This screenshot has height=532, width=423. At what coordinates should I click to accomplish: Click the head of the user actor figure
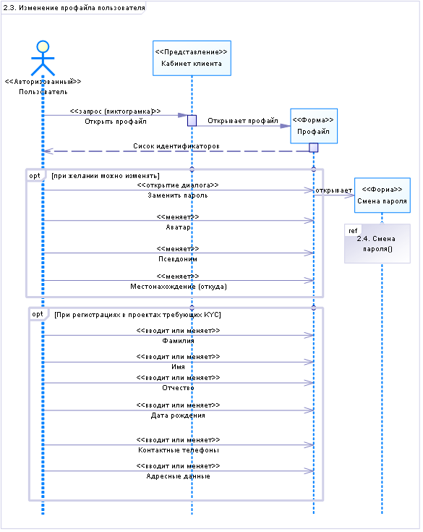[x=43, y=46]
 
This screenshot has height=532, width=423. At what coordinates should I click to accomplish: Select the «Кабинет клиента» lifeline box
[x=192, y=58]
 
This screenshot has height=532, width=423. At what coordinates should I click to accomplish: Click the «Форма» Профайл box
[x=314, y=126]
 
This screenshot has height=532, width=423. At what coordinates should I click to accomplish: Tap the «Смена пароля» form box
[x=383, y=195]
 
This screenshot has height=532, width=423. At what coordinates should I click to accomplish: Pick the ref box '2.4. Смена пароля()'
[x=377, y=243]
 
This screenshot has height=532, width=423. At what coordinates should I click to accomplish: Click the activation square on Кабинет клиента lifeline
[x=192, y=121]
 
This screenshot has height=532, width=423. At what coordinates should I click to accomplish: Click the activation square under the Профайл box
[x=314, y=148]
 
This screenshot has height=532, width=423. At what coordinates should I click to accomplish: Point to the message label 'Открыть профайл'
[x=116, y=122]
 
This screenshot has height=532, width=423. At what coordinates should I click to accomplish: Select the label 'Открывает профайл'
[x=243, y=121]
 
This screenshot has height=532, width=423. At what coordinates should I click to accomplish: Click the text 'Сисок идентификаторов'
[x=176, y=146]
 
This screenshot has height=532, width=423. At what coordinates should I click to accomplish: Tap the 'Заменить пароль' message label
[x=178, y=195]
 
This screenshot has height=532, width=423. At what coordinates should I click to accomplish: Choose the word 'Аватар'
[x=178, y=227]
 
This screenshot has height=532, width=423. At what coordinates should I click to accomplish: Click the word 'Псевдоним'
[x=178, y=259]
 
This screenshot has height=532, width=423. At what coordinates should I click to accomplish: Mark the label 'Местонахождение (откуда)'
[x=179, y=287]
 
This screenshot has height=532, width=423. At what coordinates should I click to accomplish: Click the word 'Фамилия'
[x=179, y=341]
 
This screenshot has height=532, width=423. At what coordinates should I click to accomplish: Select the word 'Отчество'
[x=179, y=388]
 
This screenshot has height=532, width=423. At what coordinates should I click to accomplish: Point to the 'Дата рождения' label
[x=178, y=415]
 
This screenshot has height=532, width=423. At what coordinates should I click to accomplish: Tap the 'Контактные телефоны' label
[x=179, y=450]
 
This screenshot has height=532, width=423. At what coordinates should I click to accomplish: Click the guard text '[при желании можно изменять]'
[x=106, y=176]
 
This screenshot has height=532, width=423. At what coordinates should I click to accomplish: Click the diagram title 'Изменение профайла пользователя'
[x=82, y=8]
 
